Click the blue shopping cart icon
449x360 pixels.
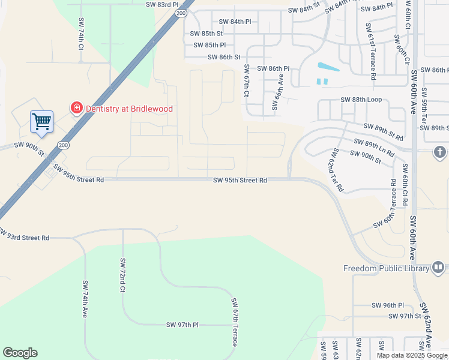[42, 121]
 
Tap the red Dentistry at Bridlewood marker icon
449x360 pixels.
[77, 108]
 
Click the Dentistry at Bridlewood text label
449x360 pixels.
[129, 109]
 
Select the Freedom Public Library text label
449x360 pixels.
[387, 268]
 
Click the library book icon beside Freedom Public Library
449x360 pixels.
[438, 268]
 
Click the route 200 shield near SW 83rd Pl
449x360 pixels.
[181, 12]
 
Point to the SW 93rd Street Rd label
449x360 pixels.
[25, 237]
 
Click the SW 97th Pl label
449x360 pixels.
[182, 325]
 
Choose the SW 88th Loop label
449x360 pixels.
[361, 100]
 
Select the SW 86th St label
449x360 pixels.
[224, 57]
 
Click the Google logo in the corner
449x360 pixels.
[20, 353]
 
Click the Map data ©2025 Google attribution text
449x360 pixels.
[412, 355]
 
